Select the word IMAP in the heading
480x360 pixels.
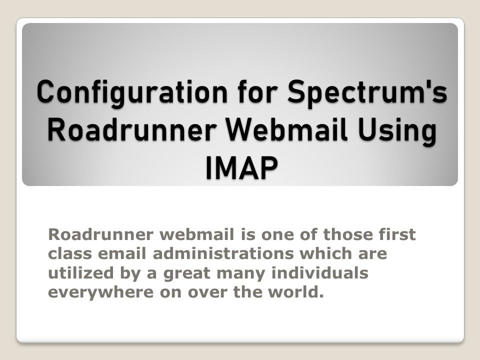point(241,168)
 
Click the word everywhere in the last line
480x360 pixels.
point(100,292)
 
